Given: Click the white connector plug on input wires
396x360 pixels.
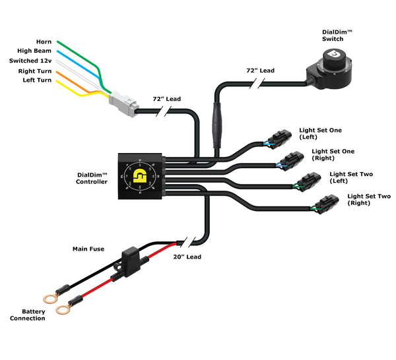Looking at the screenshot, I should (x=123, y=102).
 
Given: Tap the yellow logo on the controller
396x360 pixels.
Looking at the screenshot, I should (x=141, y=177).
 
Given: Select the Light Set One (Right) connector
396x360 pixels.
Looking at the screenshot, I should (x=292, y=158).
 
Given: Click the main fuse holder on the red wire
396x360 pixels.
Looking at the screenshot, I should (x=131, y=256).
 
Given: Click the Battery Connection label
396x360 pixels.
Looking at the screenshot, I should (x=28, y=315).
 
